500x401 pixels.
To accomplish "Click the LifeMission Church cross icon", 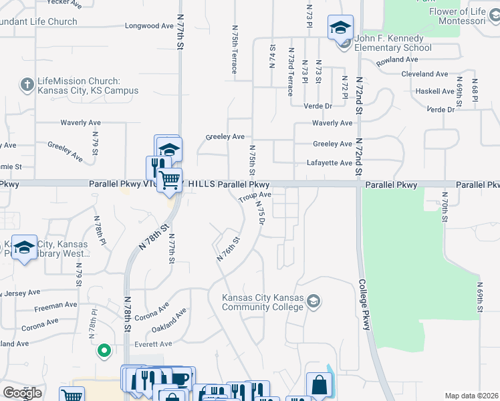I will [x=27, y=84].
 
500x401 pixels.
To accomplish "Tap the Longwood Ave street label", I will [x=149, y=26].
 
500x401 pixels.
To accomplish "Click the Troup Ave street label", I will [x=255, y=196].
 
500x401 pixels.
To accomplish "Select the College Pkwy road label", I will [x=365, y=304].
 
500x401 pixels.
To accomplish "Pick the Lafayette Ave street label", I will [x=329, y=162].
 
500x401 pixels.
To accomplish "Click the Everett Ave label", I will [x=152, y=344].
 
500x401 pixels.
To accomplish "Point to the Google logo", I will [x=22, y=393].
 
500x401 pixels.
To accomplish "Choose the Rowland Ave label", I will [x=396, y=59].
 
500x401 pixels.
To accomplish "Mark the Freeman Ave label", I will [x=55, y=305].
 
